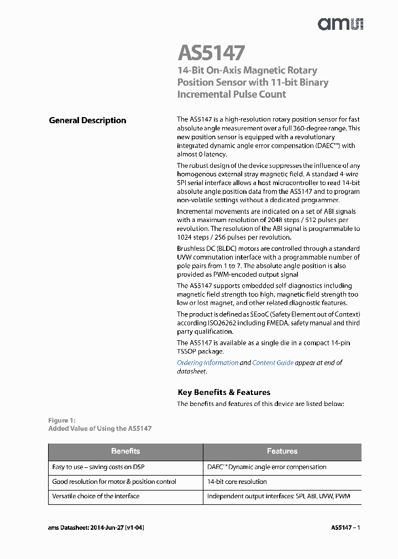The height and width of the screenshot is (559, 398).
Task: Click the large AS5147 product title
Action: pos(211,53)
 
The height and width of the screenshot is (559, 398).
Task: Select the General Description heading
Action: pos(87,120)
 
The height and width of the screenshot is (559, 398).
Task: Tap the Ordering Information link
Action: pos(207,363)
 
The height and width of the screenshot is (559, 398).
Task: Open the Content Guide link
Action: pos(273,363)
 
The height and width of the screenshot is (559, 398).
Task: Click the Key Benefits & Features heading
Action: pos(224,392)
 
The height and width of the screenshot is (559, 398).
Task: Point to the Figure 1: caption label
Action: pos(61,420)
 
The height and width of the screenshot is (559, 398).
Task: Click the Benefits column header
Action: pos(125,451)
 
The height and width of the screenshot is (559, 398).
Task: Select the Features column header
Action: pos(282,451)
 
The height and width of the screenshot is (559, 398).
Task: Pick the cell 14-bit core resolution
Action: pos(237,482)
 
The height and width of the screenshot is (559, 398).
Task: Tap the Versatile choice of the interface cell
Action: pos(96,496)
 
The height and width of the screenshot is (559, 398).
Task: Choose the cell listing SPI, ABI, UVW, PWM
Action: pos(278,496)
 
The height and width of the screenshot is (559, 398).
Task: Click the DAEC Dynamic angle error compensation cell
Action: pos(266,467)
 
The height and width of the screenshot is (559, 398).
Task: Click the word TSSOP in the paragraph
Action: pos(187,351)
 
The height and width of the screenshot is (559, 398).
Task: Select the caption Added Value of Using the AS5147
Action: pos(99,428)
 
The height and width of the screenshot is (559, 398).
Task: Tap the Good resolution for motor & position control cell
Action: pos(114,482)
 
